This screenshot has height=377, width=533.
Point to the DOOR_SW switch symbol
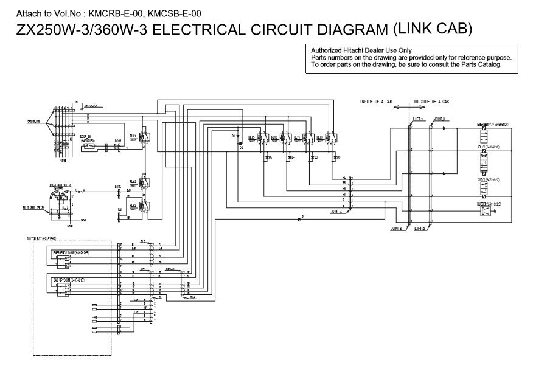[93, 147]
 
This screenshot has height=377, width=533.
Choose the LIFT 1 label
[418, 120]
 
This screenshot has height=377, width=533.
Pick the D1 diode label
[234, 137]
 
